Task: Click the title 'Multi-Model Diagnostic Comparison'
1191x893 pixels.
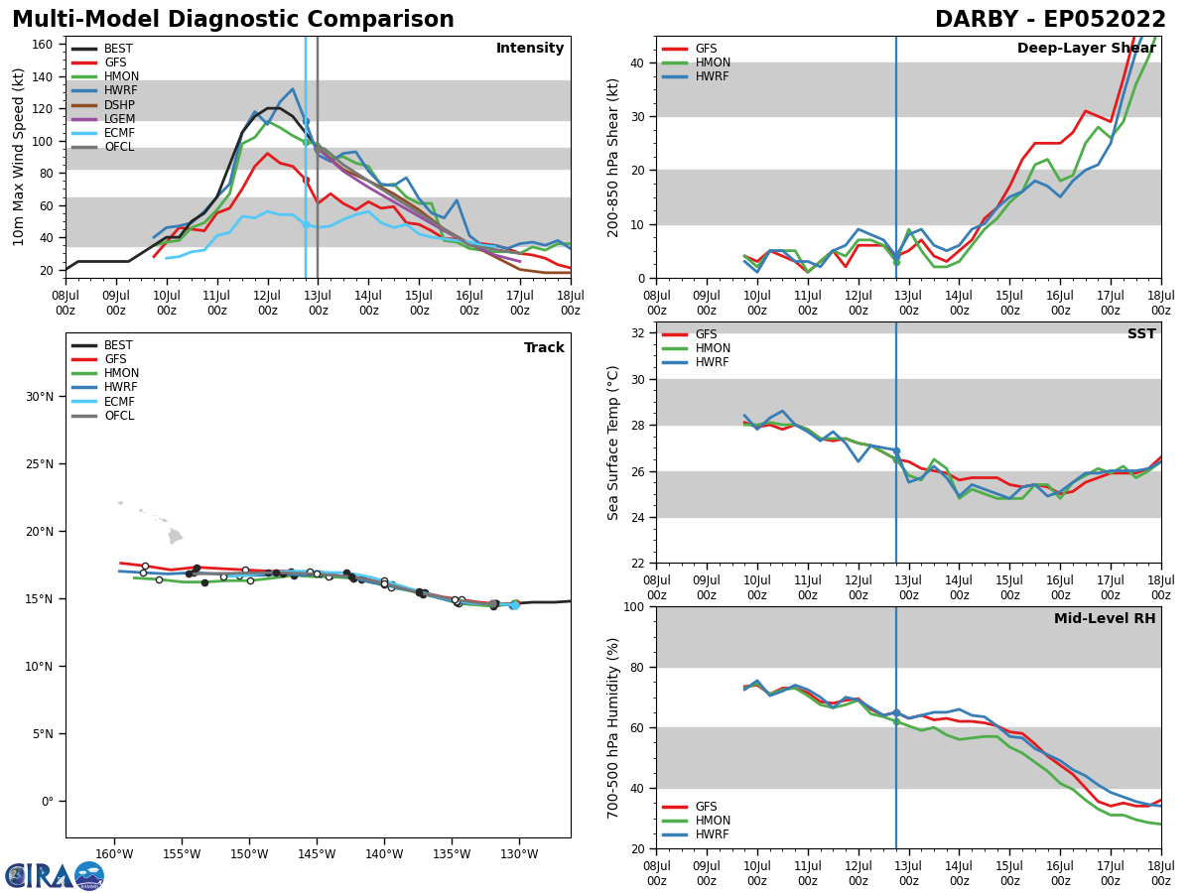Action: (233, 20)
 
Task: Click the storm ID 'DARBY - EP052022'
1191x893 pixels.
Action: (1050, 20)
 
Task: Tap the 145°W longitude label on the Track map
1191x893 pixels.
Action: (317, 854)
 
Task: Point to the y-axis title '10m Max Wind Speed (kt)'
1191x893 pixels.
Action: (19, 157)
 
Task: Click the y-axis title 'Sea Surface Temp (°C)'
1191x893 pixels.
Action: (614, 443)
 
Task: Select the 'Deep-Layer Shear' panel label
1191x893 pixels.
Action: (1086, 49)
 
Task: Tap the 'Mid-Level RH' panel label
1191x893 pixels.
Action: (1105, 619)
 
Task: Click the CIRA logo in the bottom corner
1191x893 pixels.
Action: (55, 875)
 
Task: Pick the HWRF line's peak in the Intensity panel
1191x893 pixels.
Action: (292, 89)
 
